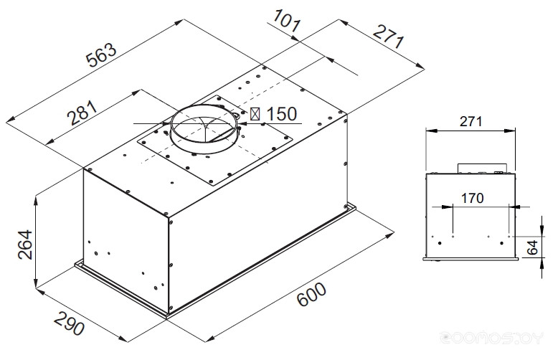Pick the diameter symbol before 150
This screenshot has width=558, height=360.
pos(255,114)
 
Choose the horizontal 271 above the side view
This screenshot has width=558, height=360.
pos(470,121)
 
